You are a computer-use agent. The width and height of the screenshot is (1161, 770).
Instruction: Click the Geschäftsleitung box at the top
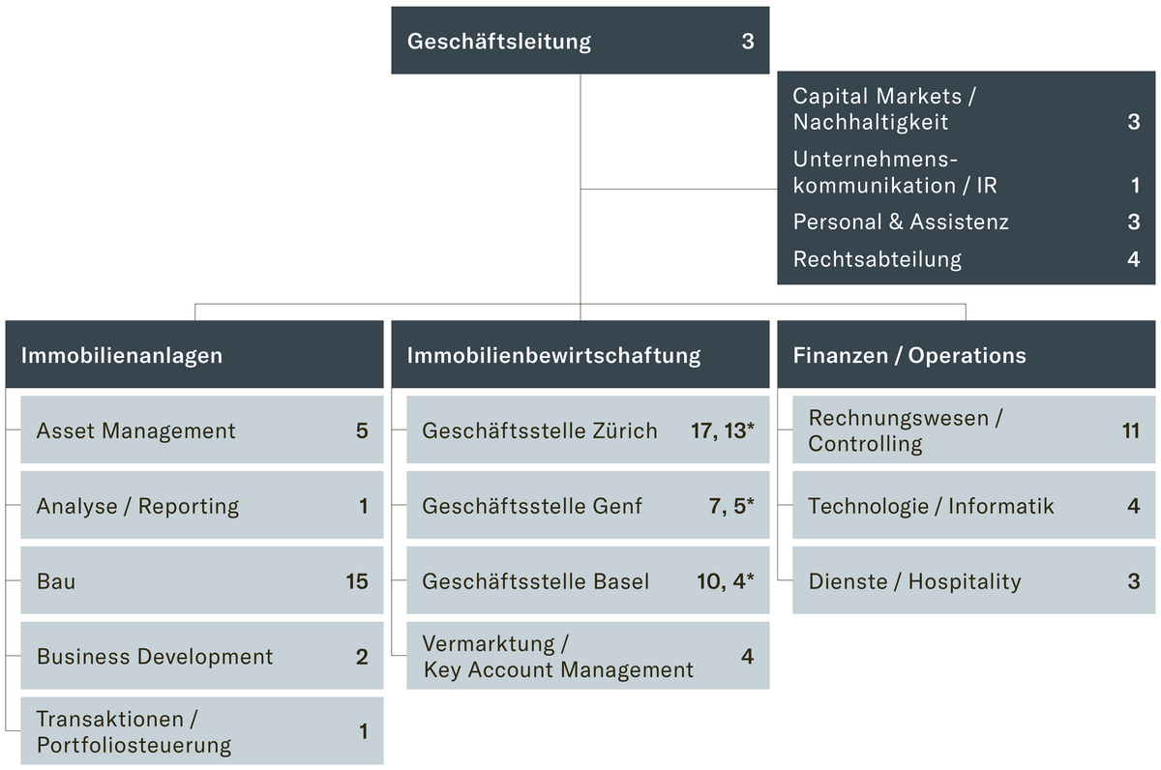580,41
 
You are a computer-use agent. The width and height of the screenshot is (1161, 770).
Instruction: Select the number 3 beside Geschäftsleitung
748,42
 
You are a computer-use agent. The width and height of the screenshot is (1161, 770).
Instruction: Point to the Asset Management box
201,430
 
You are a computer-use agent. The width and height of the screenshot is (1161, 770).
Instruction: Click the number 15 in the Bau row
357,581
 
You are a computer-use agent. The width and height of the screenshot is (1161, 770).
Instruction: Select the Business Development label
155,657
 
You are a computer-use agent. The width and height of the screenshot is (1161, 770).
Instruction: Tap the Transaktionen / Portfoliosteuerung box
201,731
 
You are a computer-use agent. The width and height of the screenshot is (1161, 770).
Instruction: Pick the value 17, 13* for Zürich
722,430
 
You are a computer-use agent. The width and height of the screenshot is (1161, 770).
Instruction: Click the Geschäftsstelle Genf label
532,506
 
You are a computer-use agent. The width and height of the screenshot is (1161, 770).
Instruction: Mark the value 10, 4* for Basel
725,581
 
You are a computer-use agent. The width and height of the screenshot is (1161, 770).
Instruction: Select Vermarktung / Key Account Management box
587,656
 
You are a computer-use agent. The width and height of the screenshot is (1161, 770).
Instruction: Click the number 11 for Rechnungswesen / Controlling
1131,430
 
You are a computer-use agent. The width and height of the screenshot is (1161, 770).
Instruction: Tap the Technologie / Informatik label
931,506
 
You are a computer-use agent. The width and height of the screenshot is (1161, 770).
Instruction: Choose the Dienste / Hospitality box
974,581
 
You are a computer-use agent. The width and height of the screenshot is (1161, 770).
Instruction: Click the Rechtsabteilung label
878,259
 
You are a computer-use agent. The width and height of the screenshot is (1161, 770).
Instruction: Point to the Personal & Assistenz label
901,222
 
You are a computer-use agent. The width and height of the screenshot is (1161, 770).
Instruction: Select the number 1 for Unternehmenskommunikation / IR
1135,185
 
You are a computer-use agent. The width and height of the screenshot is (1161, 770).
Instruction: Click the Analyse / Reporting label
137,506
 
